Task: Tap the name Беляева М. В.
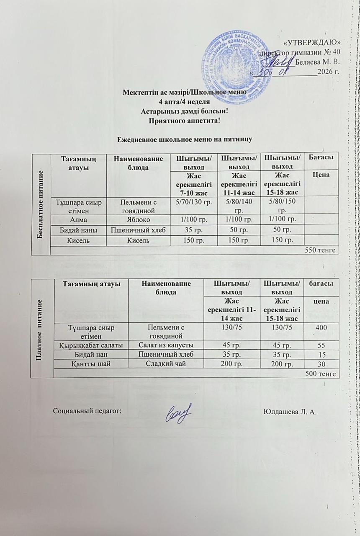(317, 62)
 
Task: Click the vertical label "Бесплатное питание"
(42, 202)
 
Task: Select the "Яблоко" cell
(132, 219)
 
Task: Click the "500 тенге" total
(322, 374)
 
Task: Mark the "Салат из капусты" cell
(164, 346)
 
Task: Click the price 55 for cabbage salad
(321, 346)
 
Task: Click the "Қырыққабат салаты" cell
(91, 346)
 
